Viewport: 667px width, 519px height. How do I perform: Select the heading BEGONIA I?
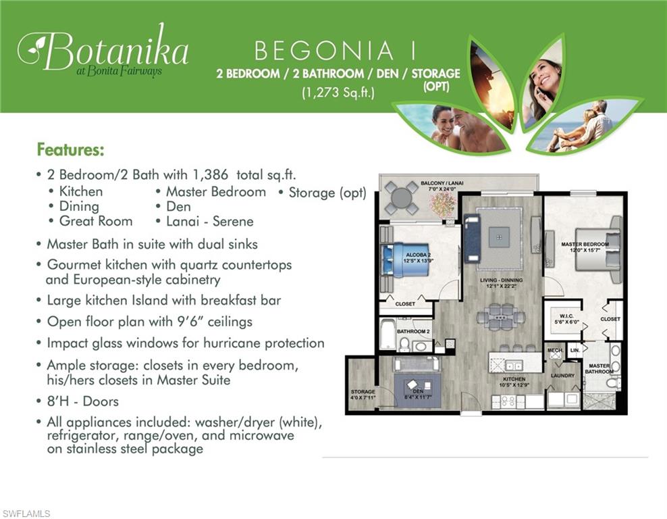click(x=335, y=51)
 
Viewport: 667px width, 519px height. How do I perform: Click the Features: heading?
click(x=70, y=149)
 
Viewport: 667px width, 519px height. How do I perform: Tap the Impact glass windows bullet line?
click(x=185, y=343)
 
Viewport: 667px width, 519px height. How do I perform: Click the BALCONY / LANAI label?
click(x=423, y=184)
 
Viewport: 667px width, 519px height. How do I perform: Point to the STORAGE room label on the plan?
click(x=363, y=392)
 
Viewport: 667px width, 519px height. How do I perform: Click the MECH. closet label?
click(x=554, y=351)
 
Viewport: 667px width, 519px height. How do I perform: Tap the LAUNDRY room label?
click(x=562, y=376)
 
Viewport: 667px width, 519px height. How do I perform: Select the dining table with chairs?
click(x=500, y=316)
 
